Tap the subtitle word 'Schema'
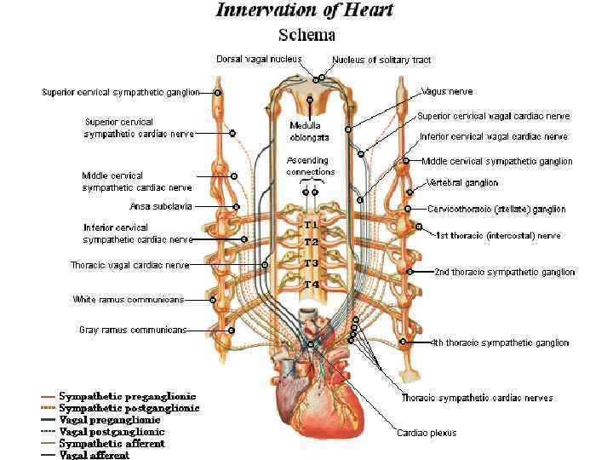coord(307,35)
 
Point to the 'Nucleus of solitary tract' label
coord(370,60)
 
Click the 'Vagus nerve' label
coord(447,91)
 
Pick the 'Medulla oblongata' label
coord(305,131)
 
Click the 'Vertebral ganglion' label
coord(462,182)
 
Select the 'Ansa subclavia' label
coord(161,206)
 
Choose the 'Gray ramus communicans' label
coord(133,330)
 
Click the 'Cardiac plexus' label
coord(427,433)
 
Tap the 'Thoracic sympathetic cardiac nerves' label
coord(477,398)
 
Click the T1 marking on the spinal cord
coord(312,223)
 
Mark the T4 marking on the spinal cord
coord(312,284)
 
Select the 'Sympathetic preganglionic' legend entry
coord(127,396)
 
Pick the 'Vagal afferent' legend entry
coord(94,455)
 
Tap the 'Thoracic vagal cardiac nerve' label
coord(129,265)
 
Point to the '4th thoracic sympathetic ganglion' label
coord(501,342)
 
